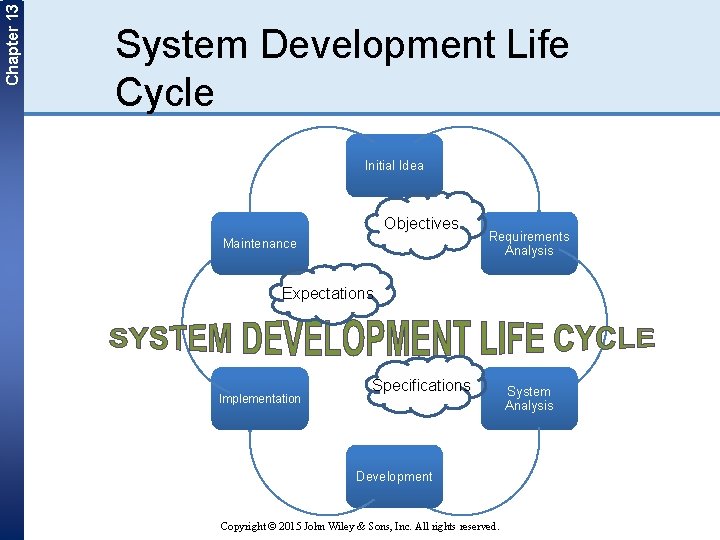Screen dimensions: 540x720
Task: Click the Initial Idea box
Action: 394,165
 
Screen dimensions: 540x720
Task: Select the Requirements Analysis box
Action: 529,243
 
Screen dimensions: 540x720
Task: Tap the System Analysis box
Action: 529,398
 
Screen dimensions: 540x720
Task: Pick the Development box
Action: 394,476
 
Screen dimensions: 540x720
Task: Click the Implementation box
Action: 260,398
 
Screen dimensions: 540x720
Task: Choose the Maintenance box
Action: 260,243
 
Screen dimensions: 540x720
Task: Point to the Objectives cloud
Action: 421,224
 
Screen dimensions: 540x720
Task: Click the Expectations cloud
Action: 327,293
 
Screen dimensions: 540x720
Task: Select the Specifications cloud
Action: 421,386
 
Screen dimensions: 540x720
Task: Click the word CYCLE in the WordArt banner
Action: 603,338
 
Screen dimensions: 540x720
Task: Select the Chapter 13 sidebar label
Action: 11,43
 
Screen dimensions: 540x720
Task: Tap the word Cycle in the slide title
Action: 164,92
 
